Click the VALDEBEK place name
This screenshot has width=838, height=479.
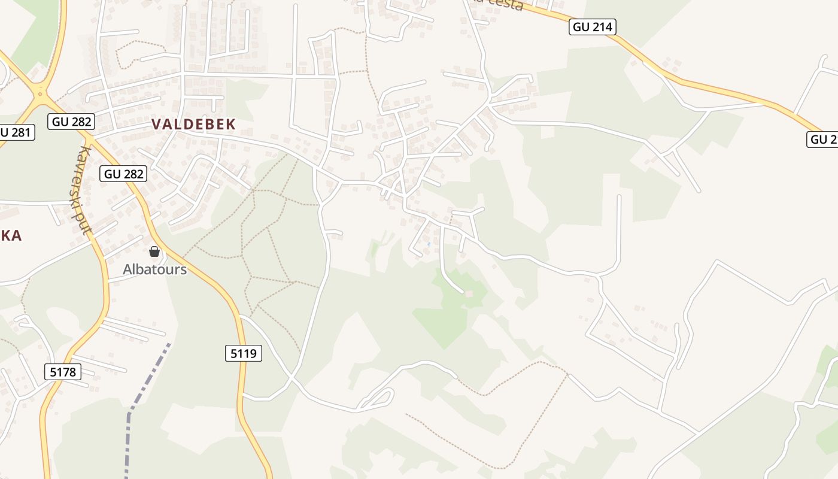tap(193, 125)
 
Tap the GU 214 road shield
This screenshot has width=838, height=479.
tap(592, 27)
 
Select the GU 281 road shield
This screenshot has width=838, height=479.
tap(16, 132)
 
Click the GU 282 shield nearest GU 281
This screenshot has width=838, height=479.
tap(72, 122)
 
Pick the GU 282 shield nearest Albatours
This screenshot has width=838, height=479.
tap(124, 174)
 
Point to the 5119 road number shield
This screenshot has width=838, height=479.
tap(244, 353)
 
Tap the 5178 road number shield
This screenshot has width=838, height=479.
tap(63, 372)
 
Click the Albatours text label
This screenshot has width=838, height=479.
tap(154, 269)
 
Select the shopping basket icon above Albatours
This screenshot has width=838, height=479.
tap(154, 251)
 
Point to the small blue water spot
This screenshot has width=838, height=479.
tap(429, 244)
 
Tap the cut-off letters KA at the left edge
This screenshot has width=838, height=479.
tap(11, 235)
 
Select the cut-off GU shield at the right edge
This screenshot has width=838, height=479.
tap(823, 140)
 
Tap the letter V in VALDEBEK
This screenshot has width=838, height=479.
tap(157, 125)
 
